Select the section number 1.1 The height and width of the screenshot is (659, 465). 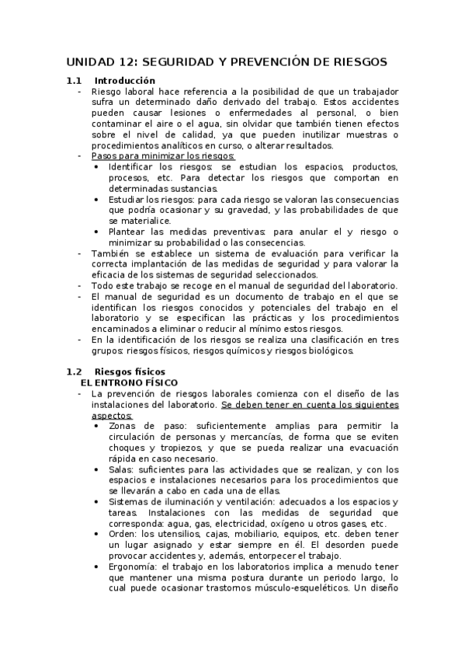(74, 81)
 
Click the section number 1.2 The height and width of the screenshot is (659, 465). (74, 372)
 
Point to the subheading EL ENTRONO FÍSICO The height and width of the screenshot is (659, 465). (129, 383)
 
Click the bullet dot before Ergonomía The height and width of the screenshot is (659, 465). (95, 567)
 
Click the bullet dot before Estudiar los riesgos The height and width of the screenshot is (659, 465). (95, 199)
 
